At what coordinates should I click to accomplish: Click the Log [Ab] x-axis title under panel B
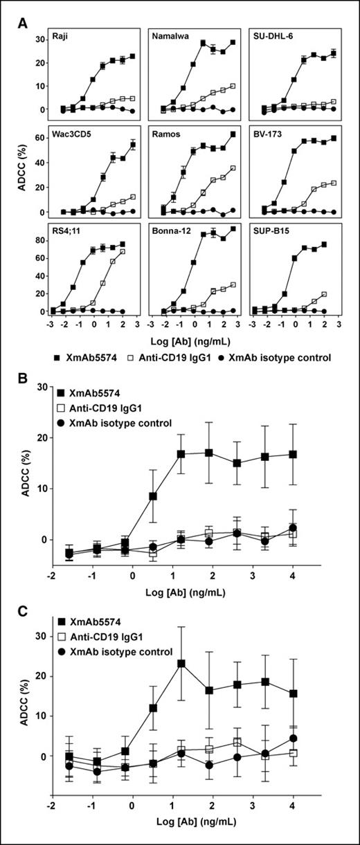point(191,593)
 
